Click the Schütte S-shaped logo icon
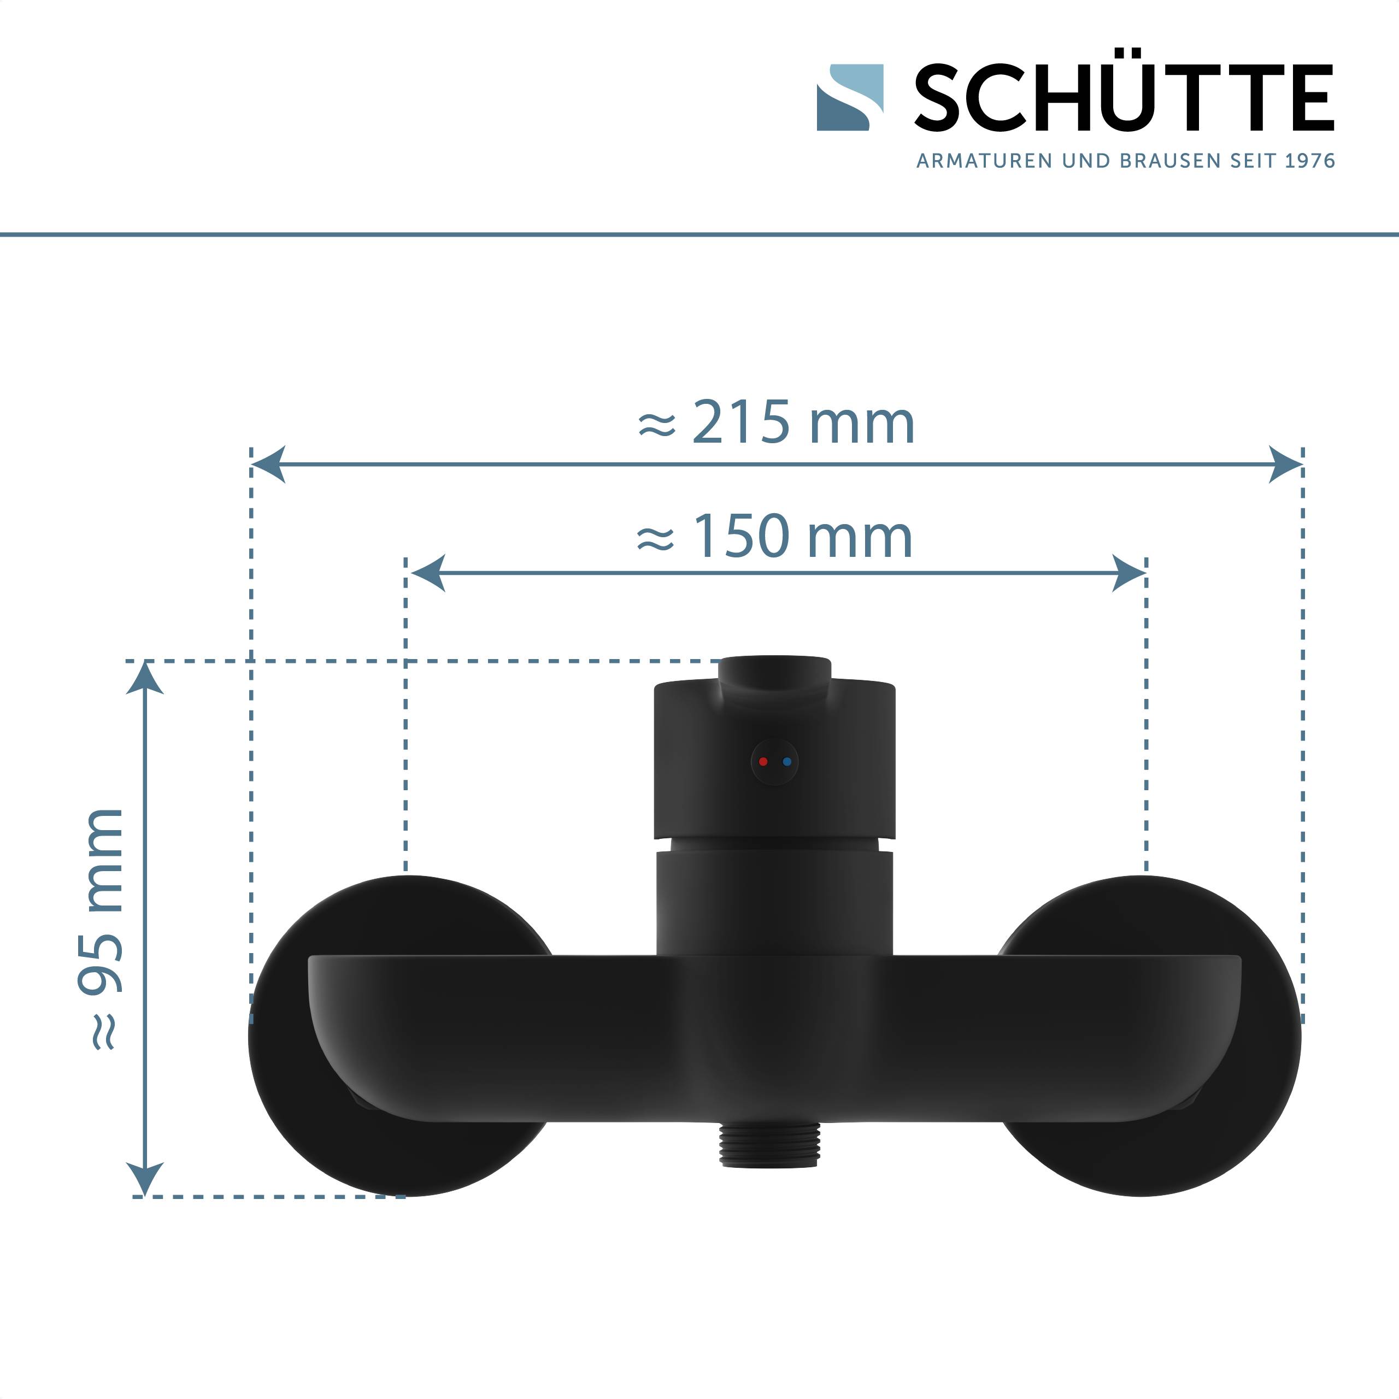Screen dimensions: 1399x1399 (849, 98)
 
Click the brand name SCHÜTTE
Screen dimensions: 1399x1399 (1124, 98)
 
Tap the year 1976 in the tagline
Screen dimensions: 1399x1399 (1309, 161)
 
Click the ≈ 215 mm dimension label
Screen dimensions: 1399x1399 (776, 422)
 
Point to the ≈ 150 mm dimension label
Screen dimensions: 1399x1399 (775, 537)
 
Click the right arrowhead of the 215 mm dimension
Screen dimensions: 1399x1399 (1285, 464)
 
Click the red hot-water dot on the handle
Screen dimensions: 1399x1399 (762, 762)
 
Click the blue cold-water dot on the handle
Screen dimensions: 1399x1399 (787, 762)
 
